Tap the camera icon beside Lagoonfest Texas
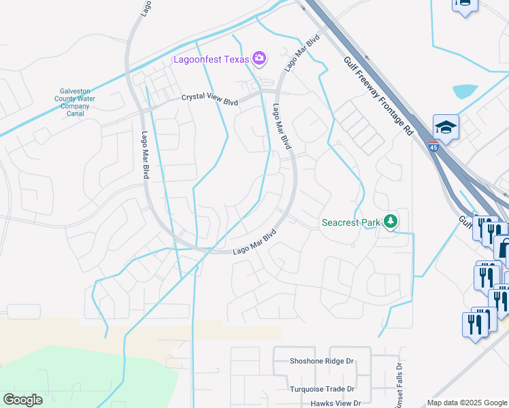pos(259,58)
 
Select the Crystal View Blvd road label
pos(210,99)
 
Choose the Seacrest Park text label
pos(350,222)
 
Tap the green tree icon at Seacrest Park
pos(390,221)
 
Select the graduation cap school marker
pos(446,126)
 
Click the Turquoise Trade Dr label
pos(323,390)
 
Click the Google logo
pos(23,400)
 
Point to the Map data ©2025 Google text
pos(467,403)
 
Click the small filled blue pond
pos(464,91)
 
